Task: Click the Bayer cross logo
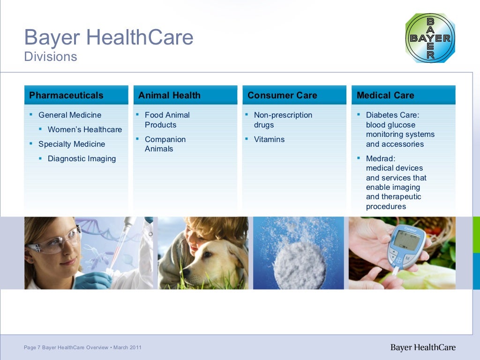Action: coord(430,38)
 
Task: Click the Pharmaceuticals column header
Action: coord(66,96)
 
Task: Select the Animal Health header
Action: coord(169,96)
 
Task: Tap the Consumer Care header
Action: coord(282,96)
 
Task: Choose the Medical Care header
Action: coord(385,96)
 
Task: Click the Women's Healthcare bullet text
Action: coord(85,130)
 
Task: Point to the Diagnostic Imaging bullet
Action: coord(82,159)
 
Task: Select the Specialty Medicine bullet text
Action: coord(72,144)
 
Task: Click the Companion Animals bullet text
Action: coord(165,144)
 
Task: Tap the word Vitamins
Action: coord(269,140)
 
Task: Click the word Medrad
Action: coord(380,159)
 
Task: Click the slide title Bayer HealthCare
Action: coord(108,37)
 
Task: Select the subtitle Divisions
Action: coord(51,57)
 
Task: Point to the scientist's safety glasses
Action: coord(54,242)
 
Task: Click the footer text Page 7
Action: coord(32,347)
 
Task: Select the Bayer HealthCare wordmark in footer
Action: coord(423,347)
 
